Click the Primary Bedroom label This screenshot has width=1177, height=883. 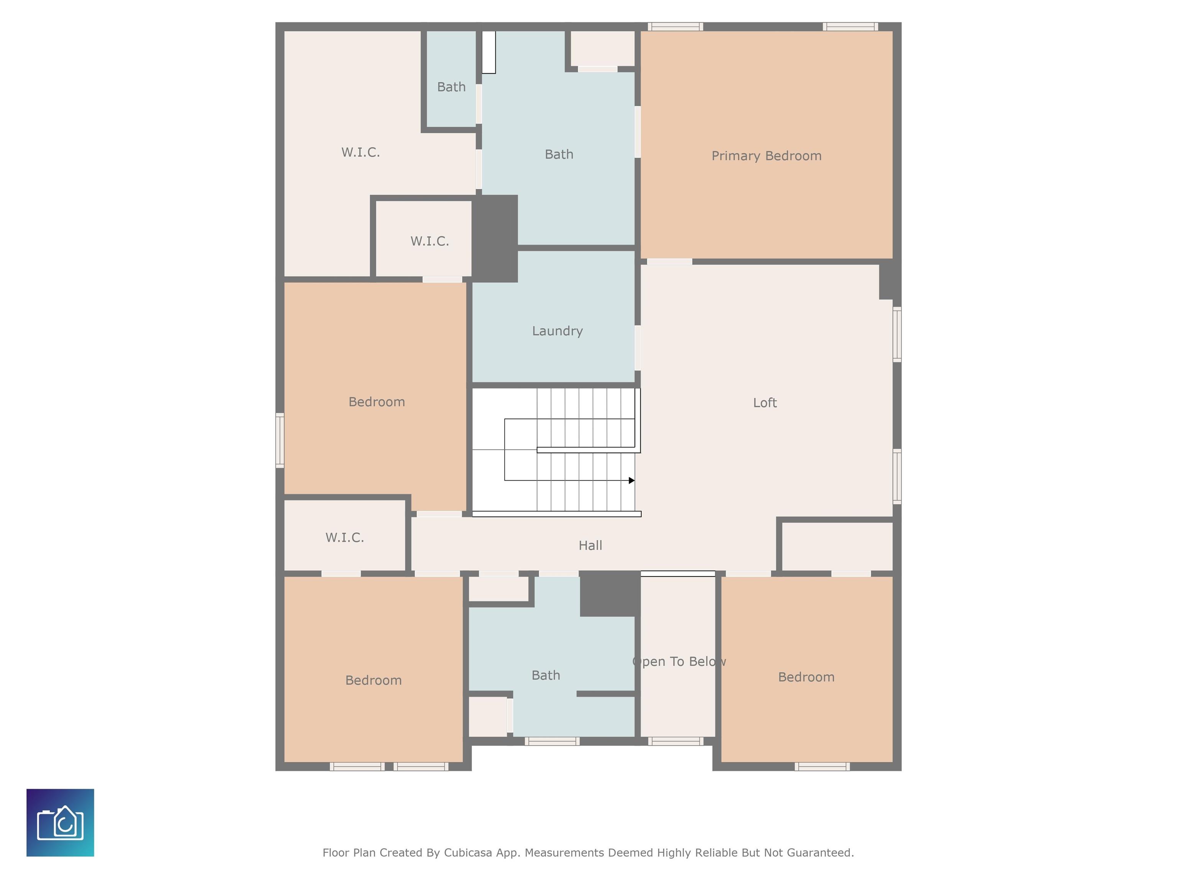tap(766, 156)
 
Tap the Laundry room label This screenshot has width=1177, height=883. tap(557, 331)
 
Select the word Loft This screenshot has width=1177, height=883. tap(765, 403)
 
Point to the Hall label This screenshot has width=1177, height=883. tap(590, 546)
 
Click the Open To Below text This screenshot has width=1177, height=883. tap(679, 661)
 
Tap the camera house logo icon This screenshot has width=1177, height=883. tap(60, 823)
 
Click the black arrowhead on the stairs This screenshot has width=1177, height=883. tap(631, 481)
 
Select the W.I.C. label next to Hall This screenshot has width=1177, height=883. tap(345, 538)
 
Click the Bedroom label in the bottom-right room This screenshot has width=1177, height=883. tap(806, 677)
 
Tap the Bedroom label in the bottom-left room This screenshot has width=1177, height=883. tap(374, 680)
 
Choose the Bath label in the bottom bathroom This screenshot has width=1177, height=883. tap(546, 675)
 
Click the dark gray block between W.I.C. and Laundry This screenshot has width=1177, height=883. tap(495, 238)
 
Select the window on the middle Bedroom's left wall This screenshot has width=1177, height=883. tap(279, 441)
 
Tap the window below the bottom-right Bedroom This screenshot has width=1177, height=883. tap(822, 766)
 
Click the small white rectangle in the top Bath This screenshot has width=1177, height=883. tap(489, 52)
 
